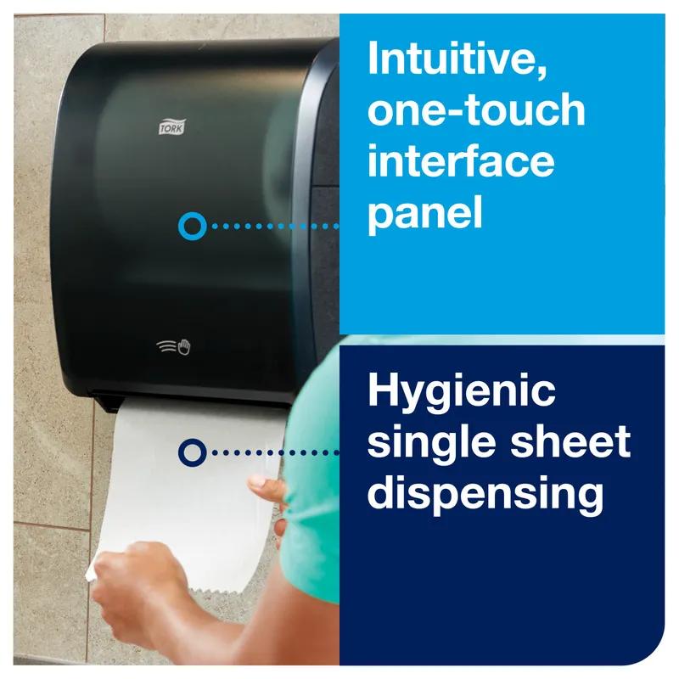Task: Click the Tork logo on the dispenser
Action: pyautogui.click(x=171, y=127)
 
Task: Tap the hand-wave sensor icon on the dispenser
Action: pyautogui.click(x=175, y=347)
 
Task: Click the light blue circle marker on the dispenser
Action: pyautogui.click(x=193, y=226)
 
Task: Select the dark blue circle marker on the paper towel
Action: pyautogui.click(x=192, y=452)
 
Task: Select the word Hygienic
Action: pyautogui.click(x=462, y=392)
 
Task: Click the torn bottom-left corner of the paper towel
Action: pyautogui.click(x=91, y=574)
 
